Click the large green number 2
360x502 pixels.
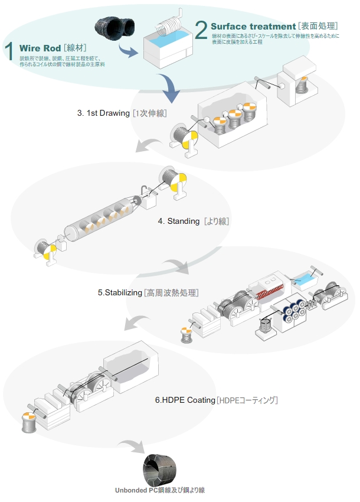point(201,29)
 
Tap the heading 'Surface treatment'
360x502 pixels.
point(253,27)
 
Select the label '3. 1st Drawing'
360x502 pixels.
point(103,112)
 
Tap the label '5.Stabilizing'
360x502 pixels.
point(120,292)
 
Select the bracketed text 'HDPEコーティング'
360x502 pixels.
point(247,400)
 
